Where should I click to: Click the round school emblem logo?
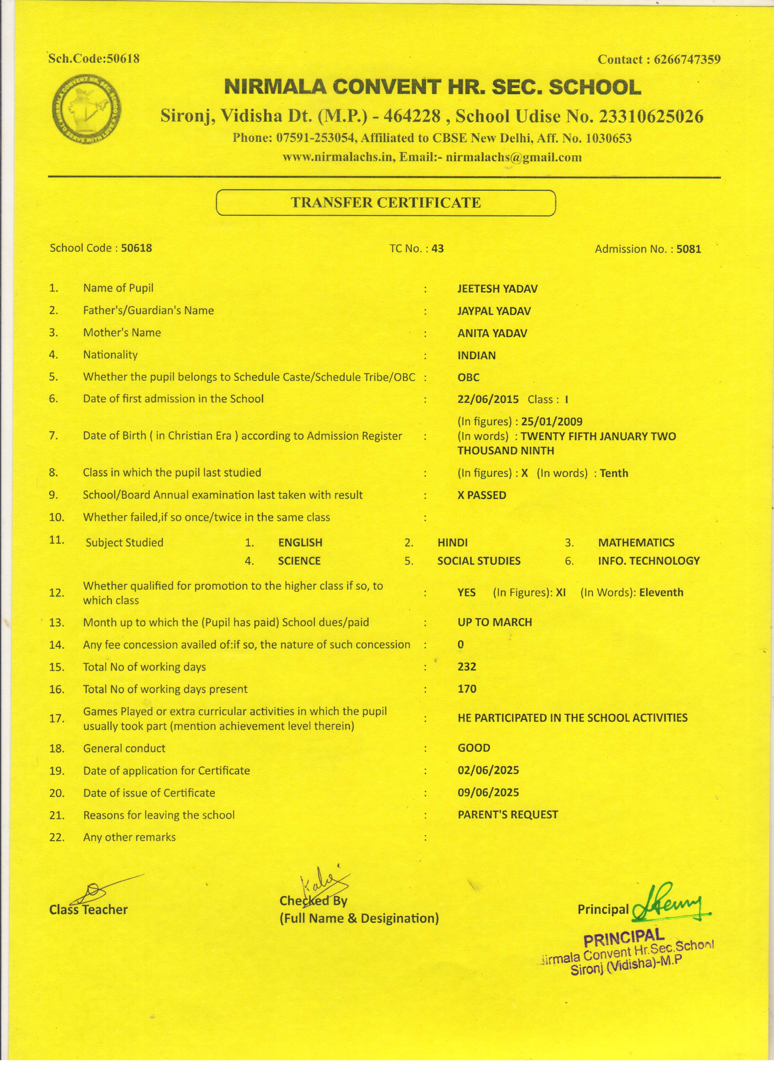tap(86, 109)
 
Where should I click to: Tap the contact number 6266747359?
tap(687, 60)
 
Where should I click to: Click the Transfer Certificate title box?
tap(385, 203)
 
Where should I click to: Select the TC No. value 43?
tap(438, 248)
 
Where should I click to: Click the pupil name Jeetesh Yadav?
tap(497, 289)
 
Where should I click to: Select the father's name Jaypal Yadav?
tap(494, 311)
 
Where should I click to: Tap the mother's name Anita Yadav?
tap(492, 333)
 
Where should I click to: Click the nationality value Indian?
tap(476, 355)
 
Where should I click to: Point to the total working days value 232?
tap(467, 667)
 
